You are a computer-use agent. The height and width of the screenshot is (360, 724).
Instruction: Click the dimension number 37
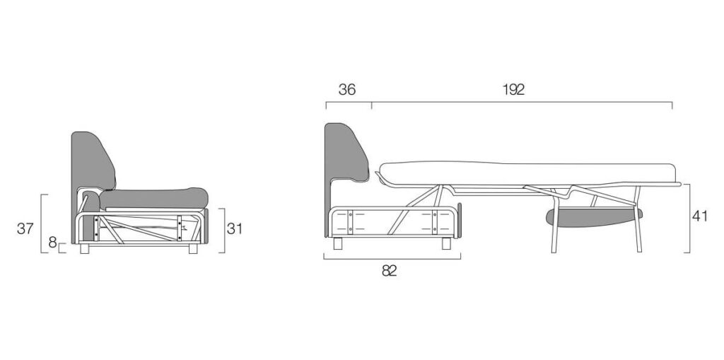pyautogui.click(x=25, y=228)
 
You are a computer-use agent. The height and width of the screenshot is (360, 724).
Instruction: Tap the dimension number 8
pyautogui.click(x=52, y=242)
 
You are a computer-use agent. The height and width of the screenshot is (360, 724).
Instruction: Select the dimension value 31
pyautogui.click(x=235, y=228)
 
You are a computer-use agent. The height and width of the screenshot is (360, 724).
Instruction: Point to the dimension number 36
pyautogui.click(x=347, y=89)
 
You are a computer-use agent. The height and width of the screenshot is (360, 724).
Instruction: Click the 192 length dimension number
pyautogui.click(x=513, y=89)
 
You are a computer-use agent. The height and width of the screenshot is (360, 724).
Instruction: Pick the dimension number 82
pyautogui.click(x=390, y=271)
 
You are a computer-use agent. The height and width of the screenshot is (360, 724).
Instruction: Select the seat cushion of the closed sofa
pyautogui.click(x=153, y=198)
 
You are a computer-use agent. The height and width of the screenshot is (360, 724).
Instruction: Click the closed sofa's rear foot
pyautogui.click(x=84, y=249)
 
